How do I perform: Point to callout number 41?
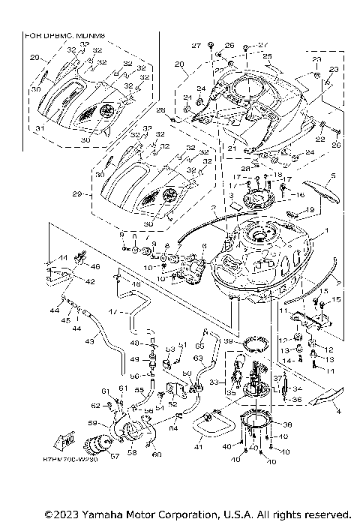pyautogui.click(x=199, y=448)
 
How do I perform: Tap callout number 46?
pyautogui.click(x=94, y=266)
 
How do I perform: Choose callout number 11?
pyautogui.click(x=284, y=309)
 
